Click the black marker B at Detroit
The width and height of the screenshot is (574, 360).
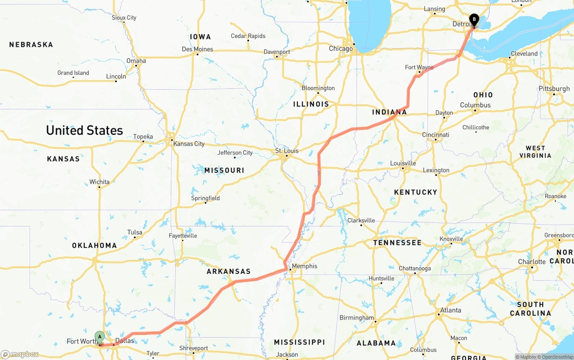coord(474,20)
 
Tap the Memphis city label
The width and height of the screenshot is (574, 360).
coord(304,266)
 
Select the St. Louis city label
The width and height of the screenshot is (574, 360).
coord(287,151)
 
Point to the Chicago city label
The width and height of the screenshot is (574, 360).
coord(341,48)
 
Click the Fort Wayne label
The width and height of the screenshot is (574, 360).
coord(419,67)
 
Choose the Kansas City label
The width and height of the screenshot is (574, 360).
coord(189,144)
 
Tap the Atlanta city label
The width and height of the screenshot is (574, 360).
coord(451,310)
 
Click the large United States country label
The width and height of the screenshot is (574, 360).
coord(84,130)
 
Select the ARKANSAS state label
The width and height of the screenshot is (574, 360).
coord(228,272)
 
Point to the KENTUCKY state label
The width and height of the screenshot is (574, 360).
coord(416,192)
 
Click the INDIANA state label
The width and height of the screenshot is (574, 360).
coord(389,112)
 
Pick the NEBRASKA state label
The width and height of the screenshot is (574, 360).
coord(31,45)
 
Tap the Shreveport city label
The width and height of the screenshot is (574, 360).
coord(194,348)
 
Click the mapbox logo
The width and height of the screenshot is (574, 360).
coord(20,355)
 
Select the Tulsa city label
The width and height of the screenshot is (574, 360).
coord(135,232)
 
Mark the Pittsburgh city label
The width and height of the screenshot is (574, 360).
coord(554,89)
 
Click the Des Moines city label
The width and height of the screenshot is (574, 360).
coord(197,49)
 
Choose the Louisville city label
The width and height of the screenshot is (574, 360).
coord(403,163)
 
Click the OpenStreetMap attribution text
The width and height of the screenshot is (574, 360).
coord(557,357)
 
